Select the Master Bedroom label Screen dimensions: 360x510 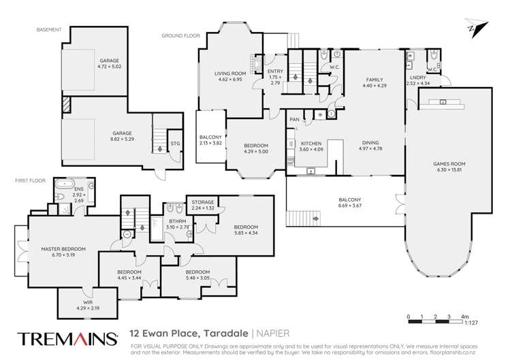(62, 249)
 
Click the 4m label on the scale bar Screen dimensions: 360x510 (465, 317)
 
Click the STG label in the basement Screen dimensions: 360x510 (175, 144)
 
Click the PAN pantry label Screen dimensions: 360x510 (294, 120)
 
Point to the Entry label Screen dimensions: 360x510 (275, 71)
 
